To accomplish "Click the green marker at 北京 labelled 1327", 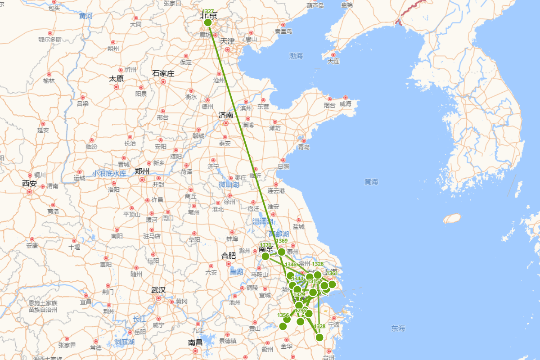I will [x=207, y=22].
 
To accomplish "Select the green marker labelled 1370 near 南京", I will [x=265, y=256].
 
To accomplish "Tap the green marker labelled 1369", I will [x=282, y=252].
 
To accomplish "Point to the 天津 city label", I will [x=227, y=41].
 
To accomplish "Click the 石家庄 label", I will [x=163, y=73].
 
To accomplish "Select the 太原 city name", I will [x=116, y=78].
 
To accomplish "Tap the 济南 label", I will [x=226, y=115].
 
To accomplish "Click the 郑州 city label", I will [x=142, y=171].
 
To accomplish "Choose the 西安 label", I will [x=29, y=183].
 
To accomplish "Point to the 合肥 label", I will [x=229, y=256].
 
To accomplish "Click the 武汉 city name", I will [x=158, y=290].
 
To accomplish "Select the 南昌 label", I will [x=195, y=342].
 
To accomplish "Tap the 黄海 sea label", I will [x=372, y=182].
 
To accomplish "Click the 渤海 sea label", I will [x=296, y=56].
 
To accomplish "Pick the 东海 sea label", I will [x=398, y=328].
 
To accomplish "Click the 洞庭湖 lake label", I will [x=125, y=342].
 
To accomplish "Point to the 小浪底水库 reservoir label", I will [x=109, y=173].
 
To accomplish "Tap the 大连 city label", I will [x=333, y=61].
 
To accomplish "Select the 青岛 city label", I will [x=304, y=147].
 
